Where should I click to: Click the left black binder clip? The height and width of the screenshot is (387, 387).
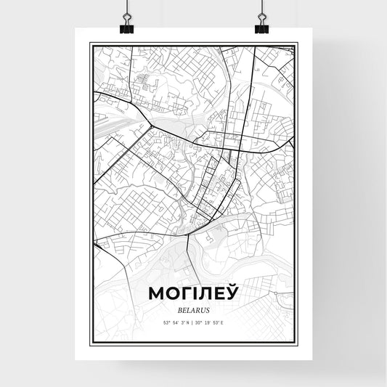(128, 27)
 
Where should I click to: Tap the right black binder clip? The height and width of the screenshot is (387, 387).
(261, 27)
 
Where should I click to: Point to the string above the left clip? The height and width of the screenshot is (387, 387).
(128, 9)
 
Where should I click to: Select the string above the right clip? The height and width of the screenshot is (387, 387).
(260, 9)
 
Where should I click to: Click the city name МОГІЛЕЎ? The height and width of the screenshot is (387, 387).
(193, 294)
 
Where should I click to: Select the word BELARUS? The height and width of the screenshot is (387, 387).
(193, 309)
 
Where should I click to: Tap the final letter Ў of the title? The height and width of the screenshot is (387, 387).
(230, 294)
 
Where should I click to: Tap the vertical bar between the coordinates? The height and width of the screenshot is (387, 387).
(193, 322)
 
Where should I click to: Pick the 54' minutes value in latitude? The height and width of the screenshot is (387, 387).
(175, 322)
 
